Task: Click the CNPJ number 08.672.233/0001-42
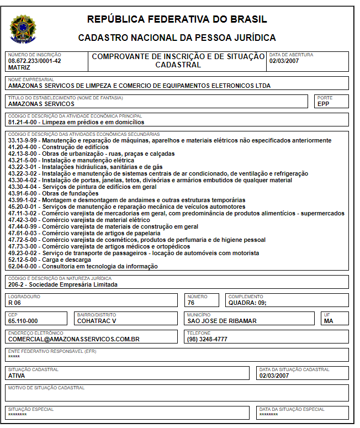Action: click(x=35, y=61)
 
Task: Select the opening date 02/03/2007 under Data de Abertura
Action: click(x=285, y=61)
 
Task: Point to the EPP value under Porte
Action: click(x=324, y=103)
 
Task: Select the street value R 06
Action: click(x=14, y=303)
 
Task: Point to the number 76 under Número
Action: click(x=192, y=303)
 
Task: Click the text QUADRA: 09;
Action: click(x=247, y=303)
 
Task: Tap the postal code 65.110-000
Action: click(x=23, y=321)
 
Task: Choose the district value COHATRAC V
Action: click(x=97, y=321)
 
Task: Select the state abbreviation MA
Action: click(x=329, y=321)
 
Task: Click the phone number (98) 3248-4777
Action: click(x=208, y=339)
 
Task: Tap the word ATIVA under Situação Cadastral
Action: click(x=17, y=376)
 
